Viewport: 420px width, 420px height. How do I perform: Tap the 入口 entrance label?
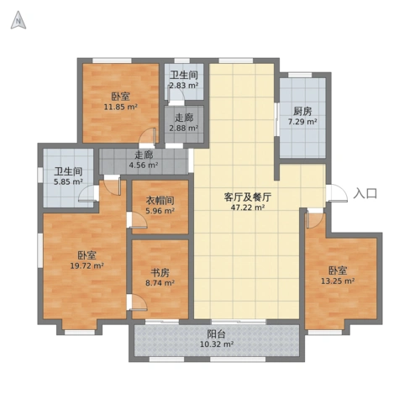pos(365,193)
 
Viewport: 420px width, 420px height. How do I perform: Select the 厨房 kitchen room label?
pos(303,111)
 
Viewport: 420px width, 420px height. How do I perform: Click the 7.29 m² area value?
pos(303,123)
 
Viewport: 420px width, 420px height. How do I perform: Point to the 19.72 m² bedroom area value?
pos(87,266)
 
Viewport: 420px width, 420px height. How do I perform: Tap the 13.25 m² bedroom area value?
pos(338,282)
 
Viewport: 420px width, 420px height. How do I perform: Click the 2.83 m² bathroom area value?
pos(184,85)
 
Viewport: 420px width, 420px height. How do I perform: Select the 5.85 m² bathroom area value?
pos(68,181)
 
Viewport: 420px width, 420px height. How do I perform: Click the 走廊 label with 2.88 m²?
pos(184,117)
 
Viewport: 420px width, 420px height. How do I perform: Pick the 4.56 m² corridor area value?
pos(144,165)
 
